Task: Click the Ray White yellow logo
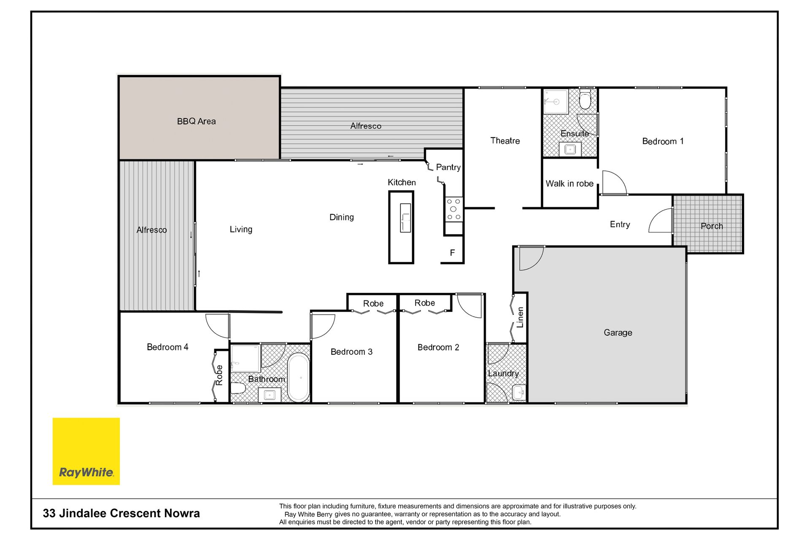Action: click(x=86, y=451)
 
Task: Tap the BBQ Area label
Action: click(x=196, y=121)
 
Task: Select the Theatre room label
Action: click(x=505, y=141)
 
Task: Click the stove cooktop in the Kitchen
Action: click(x=454, y=209)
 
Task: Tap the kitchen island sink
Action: click(x=405, y=217)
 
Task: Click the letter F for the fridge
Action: click(x=452, y=253)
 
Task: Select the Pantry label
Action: click(x=448, y=167)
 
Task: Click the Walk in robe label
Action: click(x=570, y=184)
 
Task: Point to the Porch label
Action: click(x=712, y=226)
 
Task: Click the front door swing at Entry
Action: click(x=660, y=220)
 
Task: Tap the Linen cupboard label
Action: click(x=520, y=317)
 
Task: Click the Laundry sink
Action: click(x=519, y=392)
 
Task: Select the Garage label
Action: click(x=618, y=333)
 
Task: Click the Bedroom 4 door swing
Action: click(x=217, y=326)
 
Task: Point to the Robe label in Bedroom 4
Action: click(x=219, y=375)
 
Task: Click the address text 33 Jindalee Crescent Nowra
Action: click(x=121, y=513)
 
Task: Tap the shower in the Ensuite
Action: click(x=556, y=101)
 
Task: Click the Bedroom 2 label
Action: click(x=438, y=348)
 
